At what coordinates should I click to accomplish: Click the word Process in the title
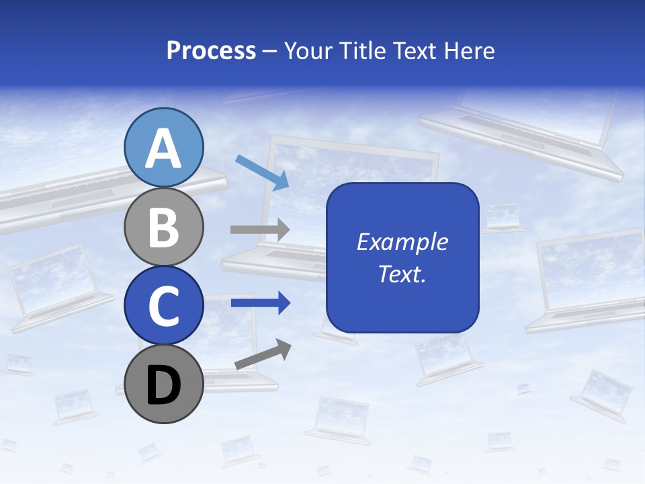(x=211, y=51)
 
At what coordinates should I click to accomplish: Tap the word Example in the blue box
(x=402, y=242)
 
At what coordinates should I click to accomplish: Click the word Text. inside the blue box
(x=402, y=274)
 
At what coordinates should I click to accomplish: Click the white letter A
(x=164, y=149)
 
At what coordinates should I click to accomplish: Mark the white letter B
(x=164, y=227)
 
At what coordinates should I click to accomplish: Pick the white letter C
(x=164, y=306)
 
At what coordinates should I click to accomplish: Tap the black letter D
(x=164, y=385)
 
